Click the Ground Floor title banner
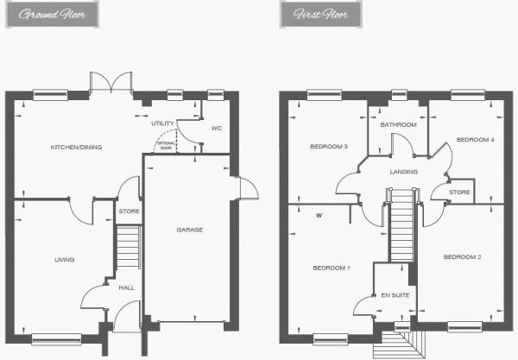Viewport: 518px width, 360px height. coord(52,14)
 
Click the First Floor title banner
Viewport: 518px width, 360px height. coord(321,14)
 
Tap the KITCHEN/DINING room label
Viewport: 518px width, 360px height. coord(76,148)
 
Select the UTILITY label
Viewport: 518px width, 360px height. coord(162,123)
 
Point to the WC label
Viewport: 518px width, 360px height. coord(217,128)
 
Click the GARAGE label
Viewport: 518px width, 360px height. coord(190,230)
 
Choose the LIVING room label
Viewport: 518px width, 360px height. coord(65,260)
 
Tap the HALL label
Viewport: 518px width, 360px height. coord(127,287)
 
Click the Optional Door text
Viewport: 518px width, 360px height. coord(166,146)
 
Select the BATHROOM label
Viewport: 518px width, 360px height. coord(398,125)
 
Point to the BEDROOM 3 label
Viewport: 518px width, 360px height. coord(329,146)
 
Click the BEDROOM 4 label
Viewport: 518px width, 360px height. coord(476,140)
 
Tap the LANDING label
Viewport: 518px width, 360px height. coord(404,172)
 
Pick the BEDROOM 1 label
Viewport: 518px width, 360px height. coord(332,268)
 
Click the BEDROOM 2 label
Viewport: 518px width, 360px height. coord(462,257)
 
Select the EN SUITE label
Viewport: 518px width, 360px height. coord(395,295)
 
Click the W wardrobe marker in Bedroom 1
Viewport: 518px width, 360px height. coord(319,216)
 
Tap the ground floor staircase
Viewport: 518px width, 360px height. coord(128,247)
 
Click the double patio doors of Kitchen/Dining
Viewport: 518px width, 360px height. coord(111,82)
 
